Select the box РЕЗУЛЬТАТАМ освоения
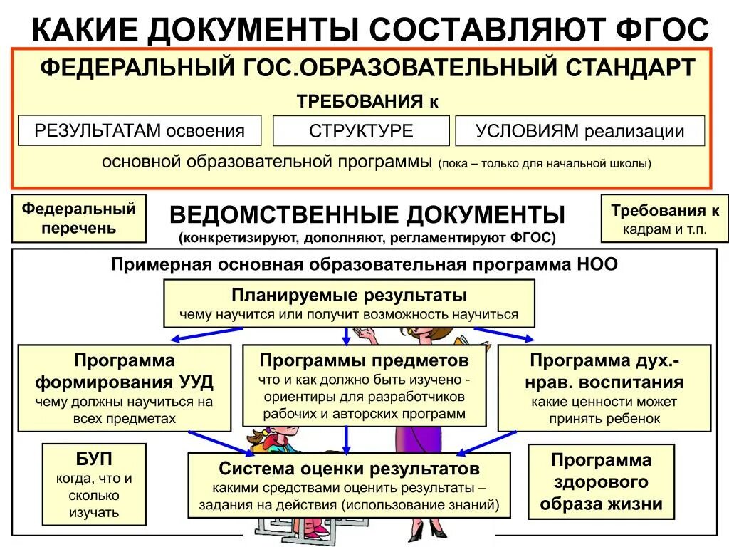pyautogui.click(x=140, y=131)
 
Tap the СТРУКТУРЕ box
pyautogui.click(x=361, y=131)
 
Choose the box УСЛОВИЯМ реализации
pyautogui.click(x=579, y=131)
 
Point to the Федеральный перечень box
pyautogui.click(x=78, y=219)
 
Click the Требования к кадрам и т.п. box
pyautogui.click(x=665, y=219)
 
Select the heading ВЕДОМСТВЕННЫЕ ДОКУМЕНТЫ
pyautogui.click(x=367, y=214)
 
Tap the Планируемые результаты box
pyautogui.click(x=349, y=303)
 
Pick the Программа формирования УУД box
pyautogui.click(x=124, y=388)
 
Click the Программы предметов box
pyautogui.click(x=364, y=385)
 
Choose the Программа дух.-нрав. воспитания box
pyautogui.click(x=604, y=388)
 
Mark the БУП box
pyautogui.click(x=94, y=484)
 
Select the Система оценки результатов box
pyautogui.click(x=349, y=486)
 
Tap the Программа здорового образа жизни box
pyautogui.click(x=601, y=481)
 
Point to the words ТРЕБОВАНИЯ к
pyautogui.click(x=367, y=100)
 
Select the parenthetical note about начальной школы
pyautogui.click(x=545, y=163)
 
